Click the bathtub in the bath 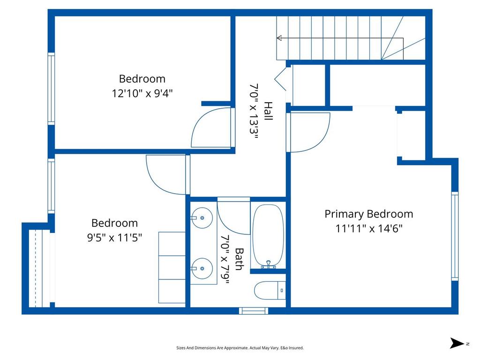click(x=268, y=236)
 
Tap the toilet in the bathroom click(x=270, y=290)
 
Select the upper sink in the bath click(x=202, y=218)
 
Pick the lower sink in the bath click(x=202, y=269)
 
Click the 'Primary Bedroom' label click(x=369, y=214)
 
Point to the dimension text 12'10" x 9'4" click(x=142, y=93)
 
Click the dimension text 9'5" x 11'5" click(x=114, y=238)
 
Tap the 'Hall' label click(x=268, y=111)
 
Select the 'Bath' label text click(x=239, y=259)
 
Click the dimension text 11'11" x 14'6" click(x=369, y=229)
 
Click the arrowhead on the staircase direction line click(x=279, y=38)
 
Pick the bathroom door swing click(x=233, y=217)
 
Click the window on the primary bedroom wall click(x=455, y=236)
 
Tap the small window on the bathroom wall click(x=253, y=310)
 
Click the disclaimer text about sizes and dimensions click(x=240, y=348)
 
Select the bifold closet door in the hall click(x=281, y=80)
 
